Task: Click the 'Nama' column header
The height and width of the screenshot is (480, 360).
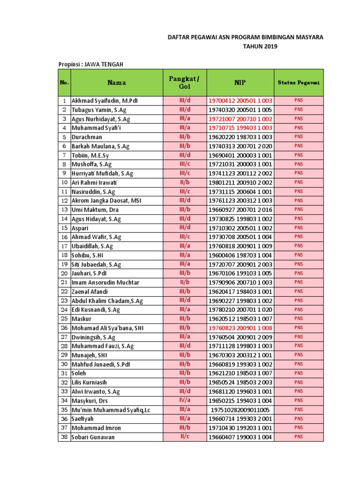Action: (116, 82)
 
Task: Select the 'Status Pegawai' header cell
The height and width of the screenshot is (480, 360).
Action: (298, 82)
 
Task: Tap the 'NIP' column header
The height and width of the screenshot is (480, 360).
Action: (240, 82)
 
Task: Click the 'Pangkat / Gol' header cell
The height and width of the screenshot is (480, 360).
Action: (184, 82)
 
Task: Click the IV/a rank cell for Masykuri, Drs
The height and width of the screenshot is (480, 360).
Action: (184, 400)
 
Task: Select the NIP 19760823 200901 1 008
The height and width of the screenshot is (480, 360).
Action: (240, 328)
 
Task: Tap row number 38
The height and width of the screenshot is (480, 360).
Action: (64, 437)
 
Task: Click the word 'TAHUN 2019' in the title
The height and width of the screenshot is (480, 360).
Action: (260, 46)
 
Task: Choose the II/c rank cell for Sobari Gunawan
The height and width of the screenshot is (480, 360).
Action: (184, 437)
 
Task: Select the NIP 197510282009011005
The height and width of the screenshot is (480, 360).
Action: (240, 410)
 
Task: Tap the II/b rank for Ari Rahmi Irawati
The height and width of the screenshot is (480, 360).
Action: (184, 182)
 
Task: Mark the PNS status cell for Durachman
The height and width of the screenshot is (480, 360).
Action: (298, 137)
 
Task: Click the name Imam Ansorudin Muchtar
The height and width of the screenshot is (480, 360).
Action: (105, 283)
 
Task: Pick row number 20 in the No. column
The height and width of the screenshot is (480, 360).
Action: (64, 273)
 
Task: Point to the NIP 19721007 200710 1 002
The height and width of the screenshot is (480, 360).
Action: (240, 119)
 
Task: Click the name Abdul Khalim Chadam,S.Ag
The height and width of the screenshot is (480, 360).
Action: (107, 300)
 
